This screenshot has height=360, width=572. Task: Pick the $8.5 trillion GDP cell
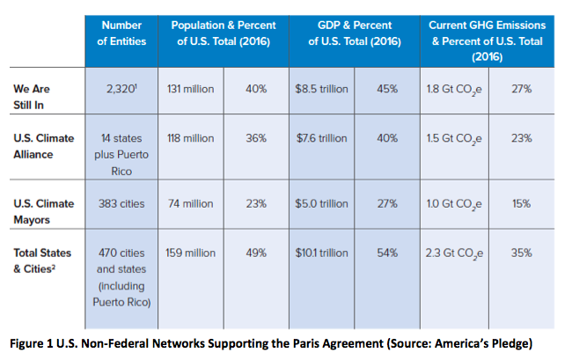coord(322,90)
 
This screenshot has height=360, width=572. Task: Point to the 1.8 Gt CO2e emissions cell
coord(451,90)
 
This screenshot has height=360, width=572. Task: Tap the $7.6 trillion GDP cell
coord(322,139)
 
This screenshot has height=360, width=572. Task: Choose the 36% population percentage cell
coord(257,139)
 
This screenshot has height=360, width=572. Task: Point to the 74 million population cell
coord(190,203)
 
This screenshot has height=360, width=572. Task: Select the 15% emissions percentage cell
coord(520,203)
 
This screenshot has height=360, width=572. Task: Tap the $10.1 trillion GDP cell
coord(322,253)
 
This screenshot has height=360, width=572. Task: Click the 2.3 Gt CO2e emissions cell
coord(451,253)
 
